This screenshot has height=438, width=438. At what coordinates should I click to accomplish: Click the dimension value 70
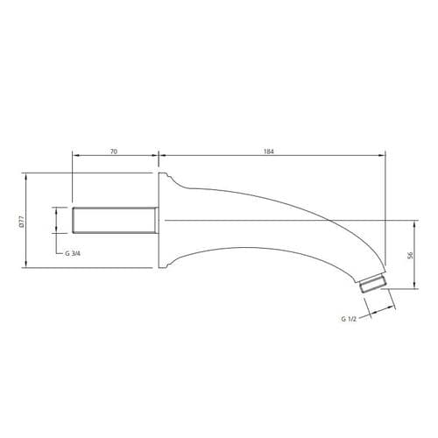click(x=114, y=152)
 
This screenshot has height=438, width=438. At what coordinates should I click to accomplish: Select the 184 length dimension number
click(x=269, y=152)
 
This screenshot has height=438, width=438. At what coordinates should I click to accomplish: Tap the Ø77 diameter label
click(x=20, y=221)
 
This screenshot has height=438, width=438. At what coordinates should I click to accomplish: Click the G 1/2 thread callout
click(x=349, y=319)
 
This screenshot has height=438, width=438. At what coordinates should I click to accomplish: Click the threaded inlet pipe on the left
click(x=115, y=221)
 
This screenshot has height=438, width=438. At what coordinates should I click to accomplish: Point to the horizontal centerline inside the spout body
click(x=263, y=217)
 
